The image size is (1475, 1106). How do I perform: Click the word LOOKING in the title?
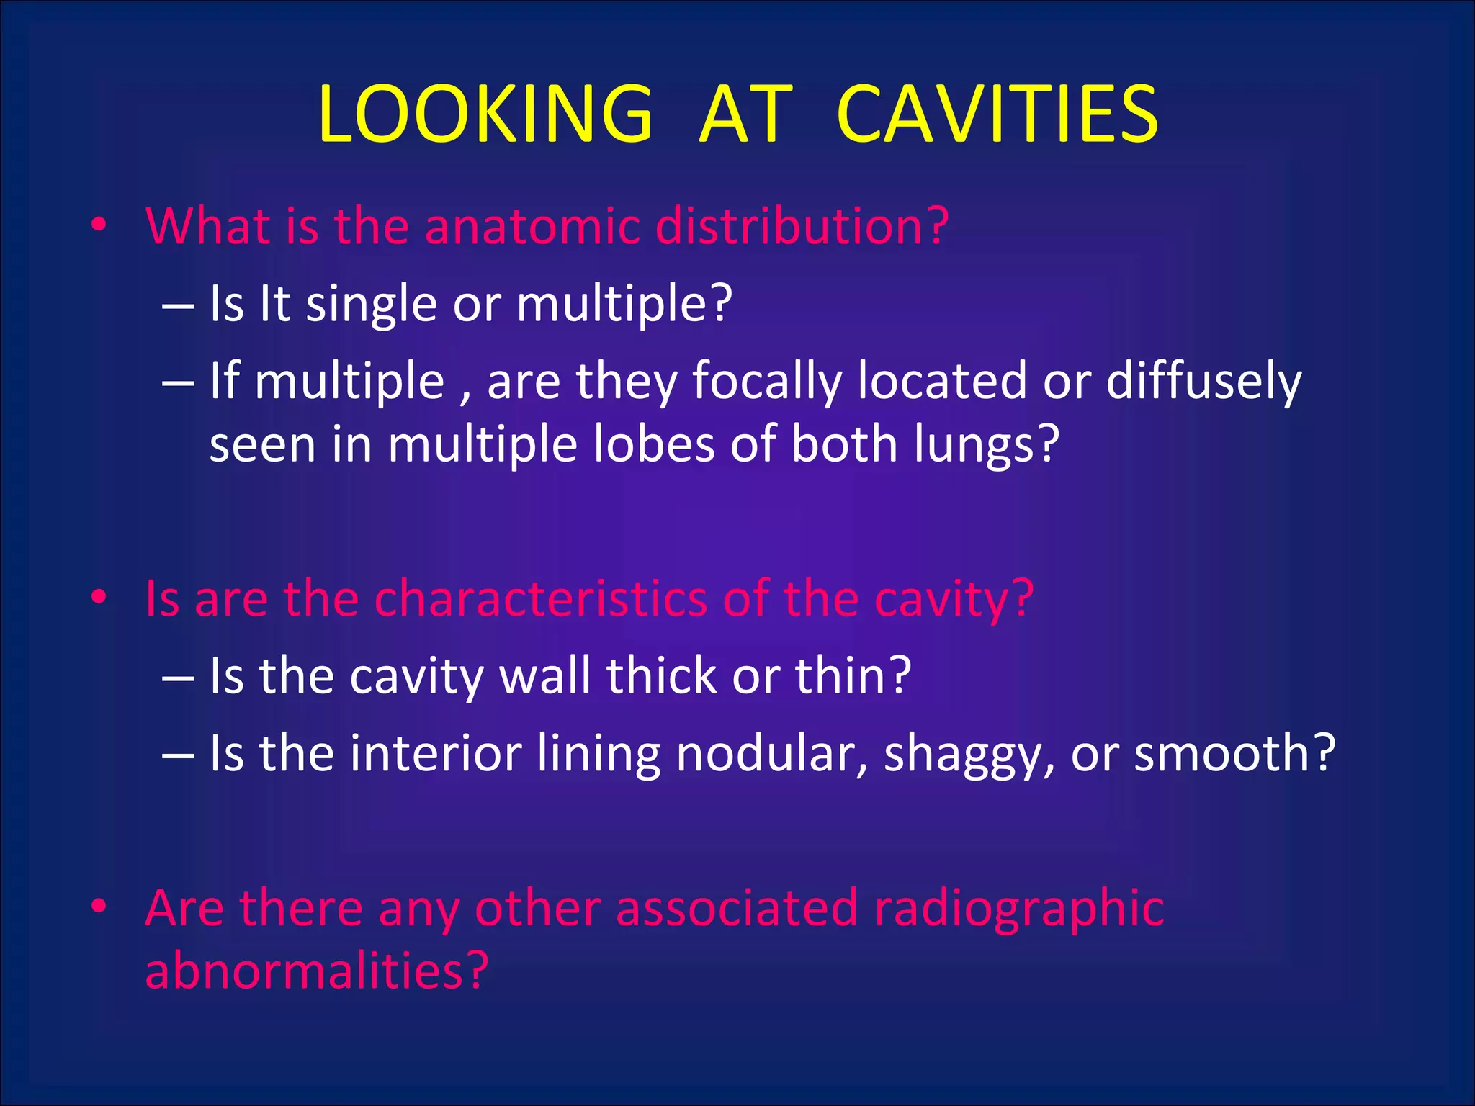(485, 114)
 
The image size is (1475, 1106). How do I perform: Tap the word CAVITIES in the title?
(997, 114)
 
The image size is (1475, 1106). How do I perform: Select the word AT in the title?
(745, 114)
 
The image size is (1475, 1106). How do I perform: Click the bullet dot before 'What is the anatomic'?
(99, 226)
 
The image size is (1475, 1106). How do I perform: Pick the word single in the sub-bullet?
(371, 304)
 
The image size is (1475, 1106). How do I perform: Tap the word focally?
(766, 381)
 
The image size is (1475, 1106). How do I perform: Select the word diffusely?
(1203, 381)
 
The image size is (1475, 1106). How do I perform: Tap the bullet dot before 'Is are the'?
(99, 597)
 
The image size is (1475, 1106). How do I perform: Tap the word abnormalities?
(317, 970)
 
